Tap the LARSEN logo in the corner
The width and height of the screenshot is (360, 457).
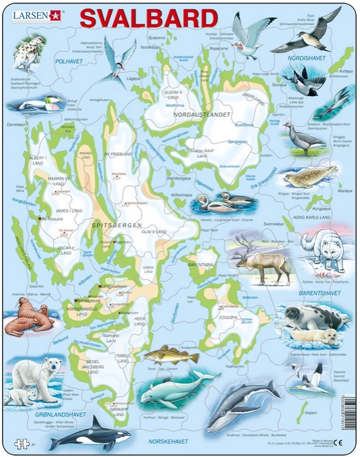[27, 12]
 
